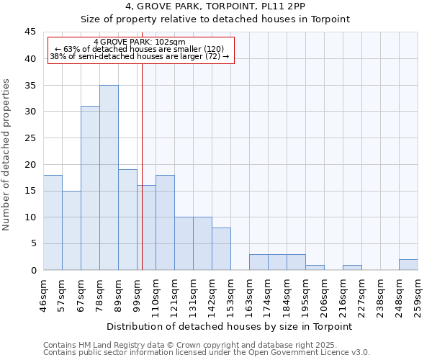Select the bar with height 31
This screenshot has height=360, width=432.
90,188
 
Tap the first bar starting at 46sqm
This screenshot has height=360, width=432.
53,222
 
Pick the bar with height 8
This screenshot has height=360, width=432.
221,248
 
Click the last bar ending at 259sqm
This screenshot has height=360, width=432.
408,264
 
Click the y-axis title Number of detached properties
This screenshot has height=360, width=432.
7,155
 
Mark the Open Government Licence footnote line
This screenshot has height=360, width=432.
207,353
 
